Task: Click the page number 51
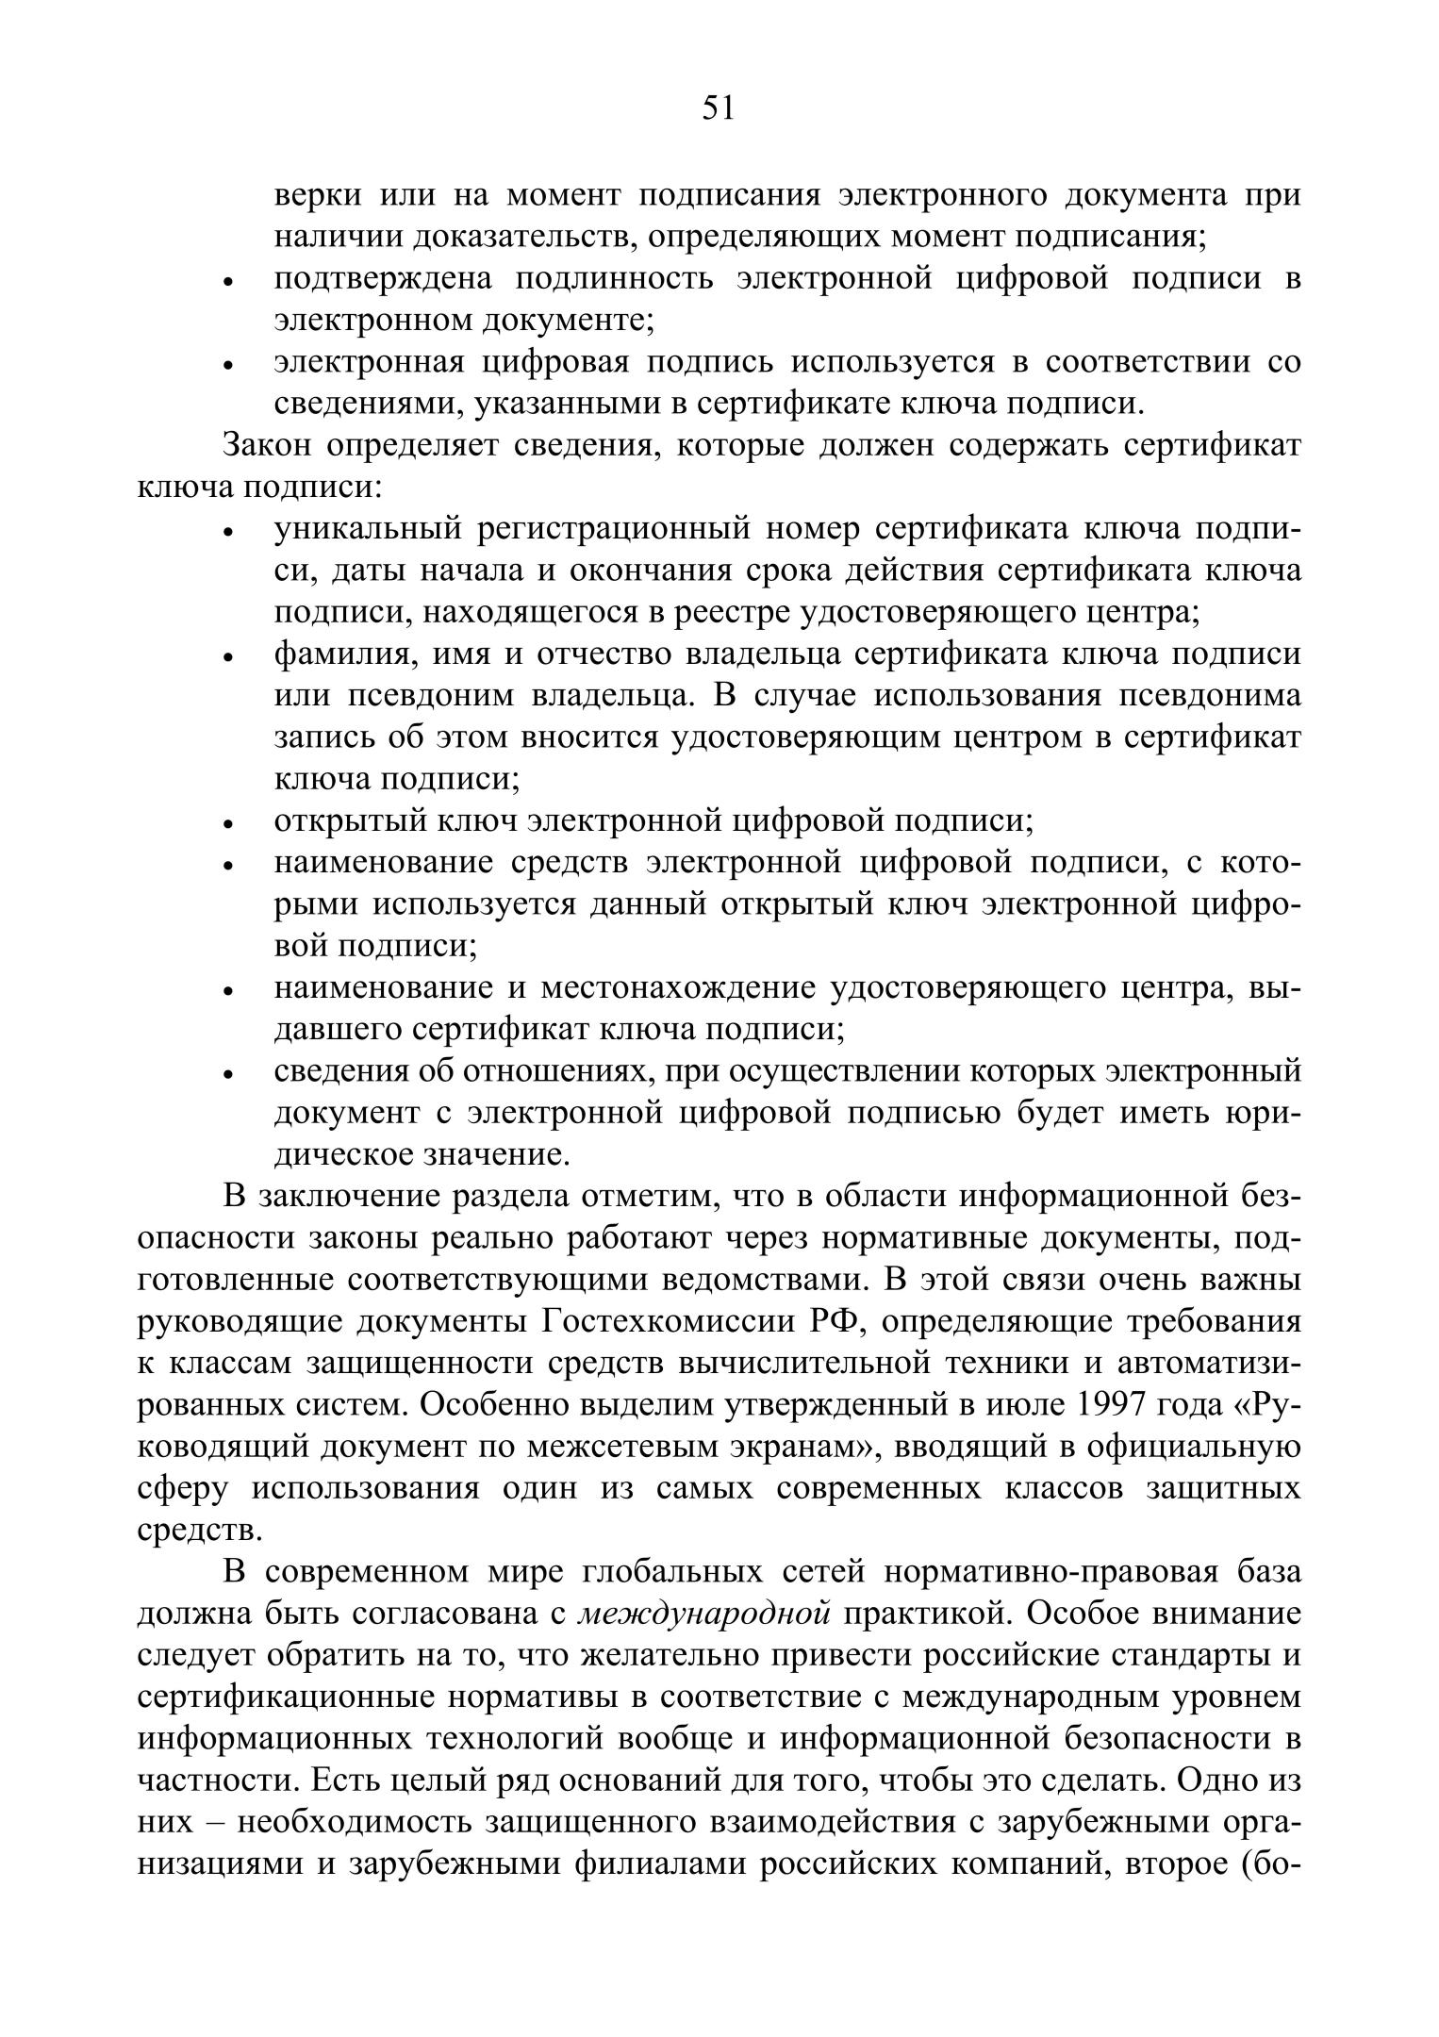pos(718,109)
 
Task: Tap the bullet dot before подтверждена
pos(227,282)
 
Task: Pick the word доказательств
pos(516,236)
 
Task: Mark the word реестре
pos(732,612)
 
